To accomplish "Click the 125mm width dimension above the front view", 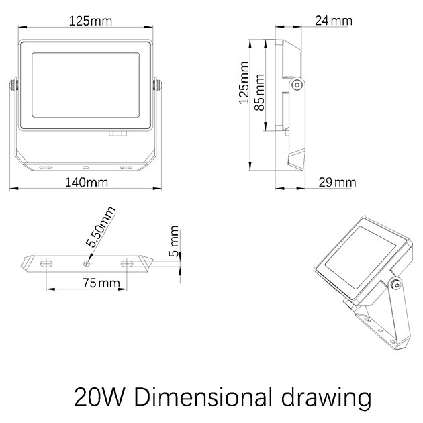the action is [x=91, y=21].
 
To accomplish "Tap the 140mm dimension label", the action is [x=87, y=183].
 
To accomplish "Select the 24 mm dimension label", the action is [x=334, y=21].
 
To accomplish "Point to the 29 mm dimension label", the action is [x=337, y=183].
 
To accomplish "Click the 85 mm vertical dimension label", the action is [x=260, y=92].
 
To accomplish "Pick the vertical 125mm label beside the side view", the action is [x=244, y=83].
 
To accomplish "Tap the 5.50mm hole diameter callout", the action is [x=101, y=227].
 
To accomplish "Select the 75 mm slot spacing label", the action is [x=101, y=283].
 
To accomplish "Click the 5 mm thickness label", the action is [x=174, y=241].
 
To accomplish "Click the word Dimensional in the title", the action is [x=203, y=397].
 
